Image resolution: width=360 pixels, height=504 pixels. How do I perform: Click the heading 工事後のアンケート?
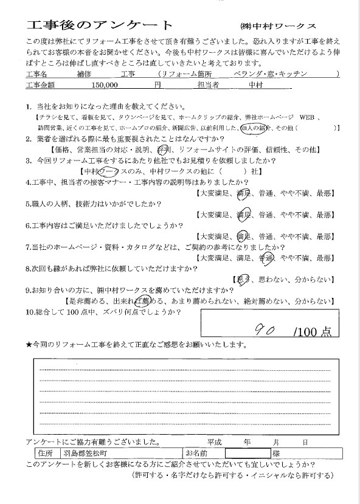100,26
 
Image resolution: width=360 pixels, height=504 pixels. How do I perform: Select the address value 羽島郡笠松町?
83,453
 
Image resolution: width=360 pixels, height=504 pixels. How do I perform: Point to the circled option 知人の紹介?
254,128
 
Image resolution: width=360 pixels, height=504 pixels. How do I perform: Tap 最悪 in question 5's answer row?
324,215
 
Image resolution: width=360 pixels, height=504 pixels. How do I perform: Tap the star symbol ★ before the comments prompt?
29,345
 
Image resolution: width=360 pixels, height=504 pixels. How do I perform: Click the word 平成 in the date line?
216,442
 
